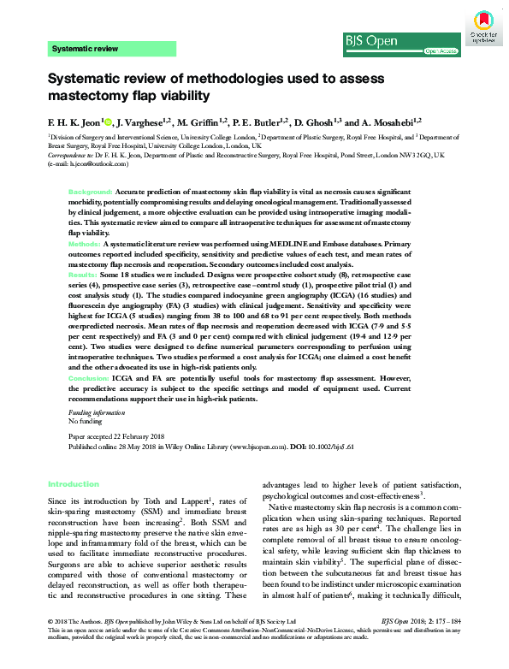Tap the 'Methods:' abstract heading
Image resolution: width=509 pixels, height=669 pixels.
pos(86,245)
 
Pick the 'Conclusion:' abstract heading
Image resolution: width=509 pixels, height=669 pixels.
pos(90,376)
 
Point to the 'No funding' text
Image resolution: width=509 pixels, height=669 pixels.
pos(85,422)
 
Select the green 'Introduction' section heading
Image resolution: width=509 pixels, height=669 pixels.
pos(74,483)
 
